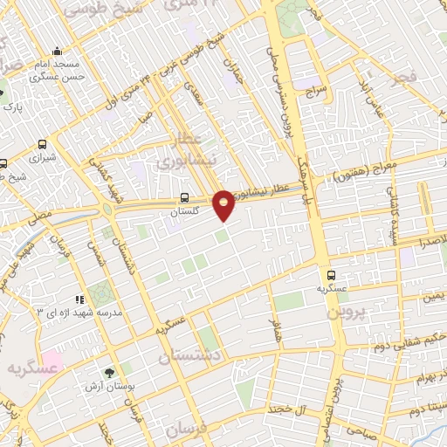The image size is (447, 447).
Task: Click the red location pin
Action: pyautogui.click(x=224, y=204)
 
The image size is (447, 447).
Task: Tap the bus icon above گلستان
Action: pyautogui.click(x=183, y=198)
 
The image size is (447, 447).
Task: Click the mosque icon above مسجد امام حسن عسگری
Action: pyautogui.click(x=57, y=51)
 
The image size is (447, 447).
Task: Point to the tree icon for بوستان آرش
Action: pyautogui.click(x=108, y=373)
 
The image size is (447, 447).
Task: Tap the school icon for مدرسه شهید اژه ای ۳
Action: pyautogui.click(x=80, y=299)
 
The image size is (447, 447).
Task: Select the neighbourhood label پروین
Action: pyautogui.click(x=344, y=310)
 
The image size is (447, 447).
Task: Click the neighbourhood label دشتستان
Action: pyautogui.click(x=190, y=357)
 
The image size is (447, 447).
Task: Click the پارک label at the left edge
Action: pyautogui.click(x=12, y=107)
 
